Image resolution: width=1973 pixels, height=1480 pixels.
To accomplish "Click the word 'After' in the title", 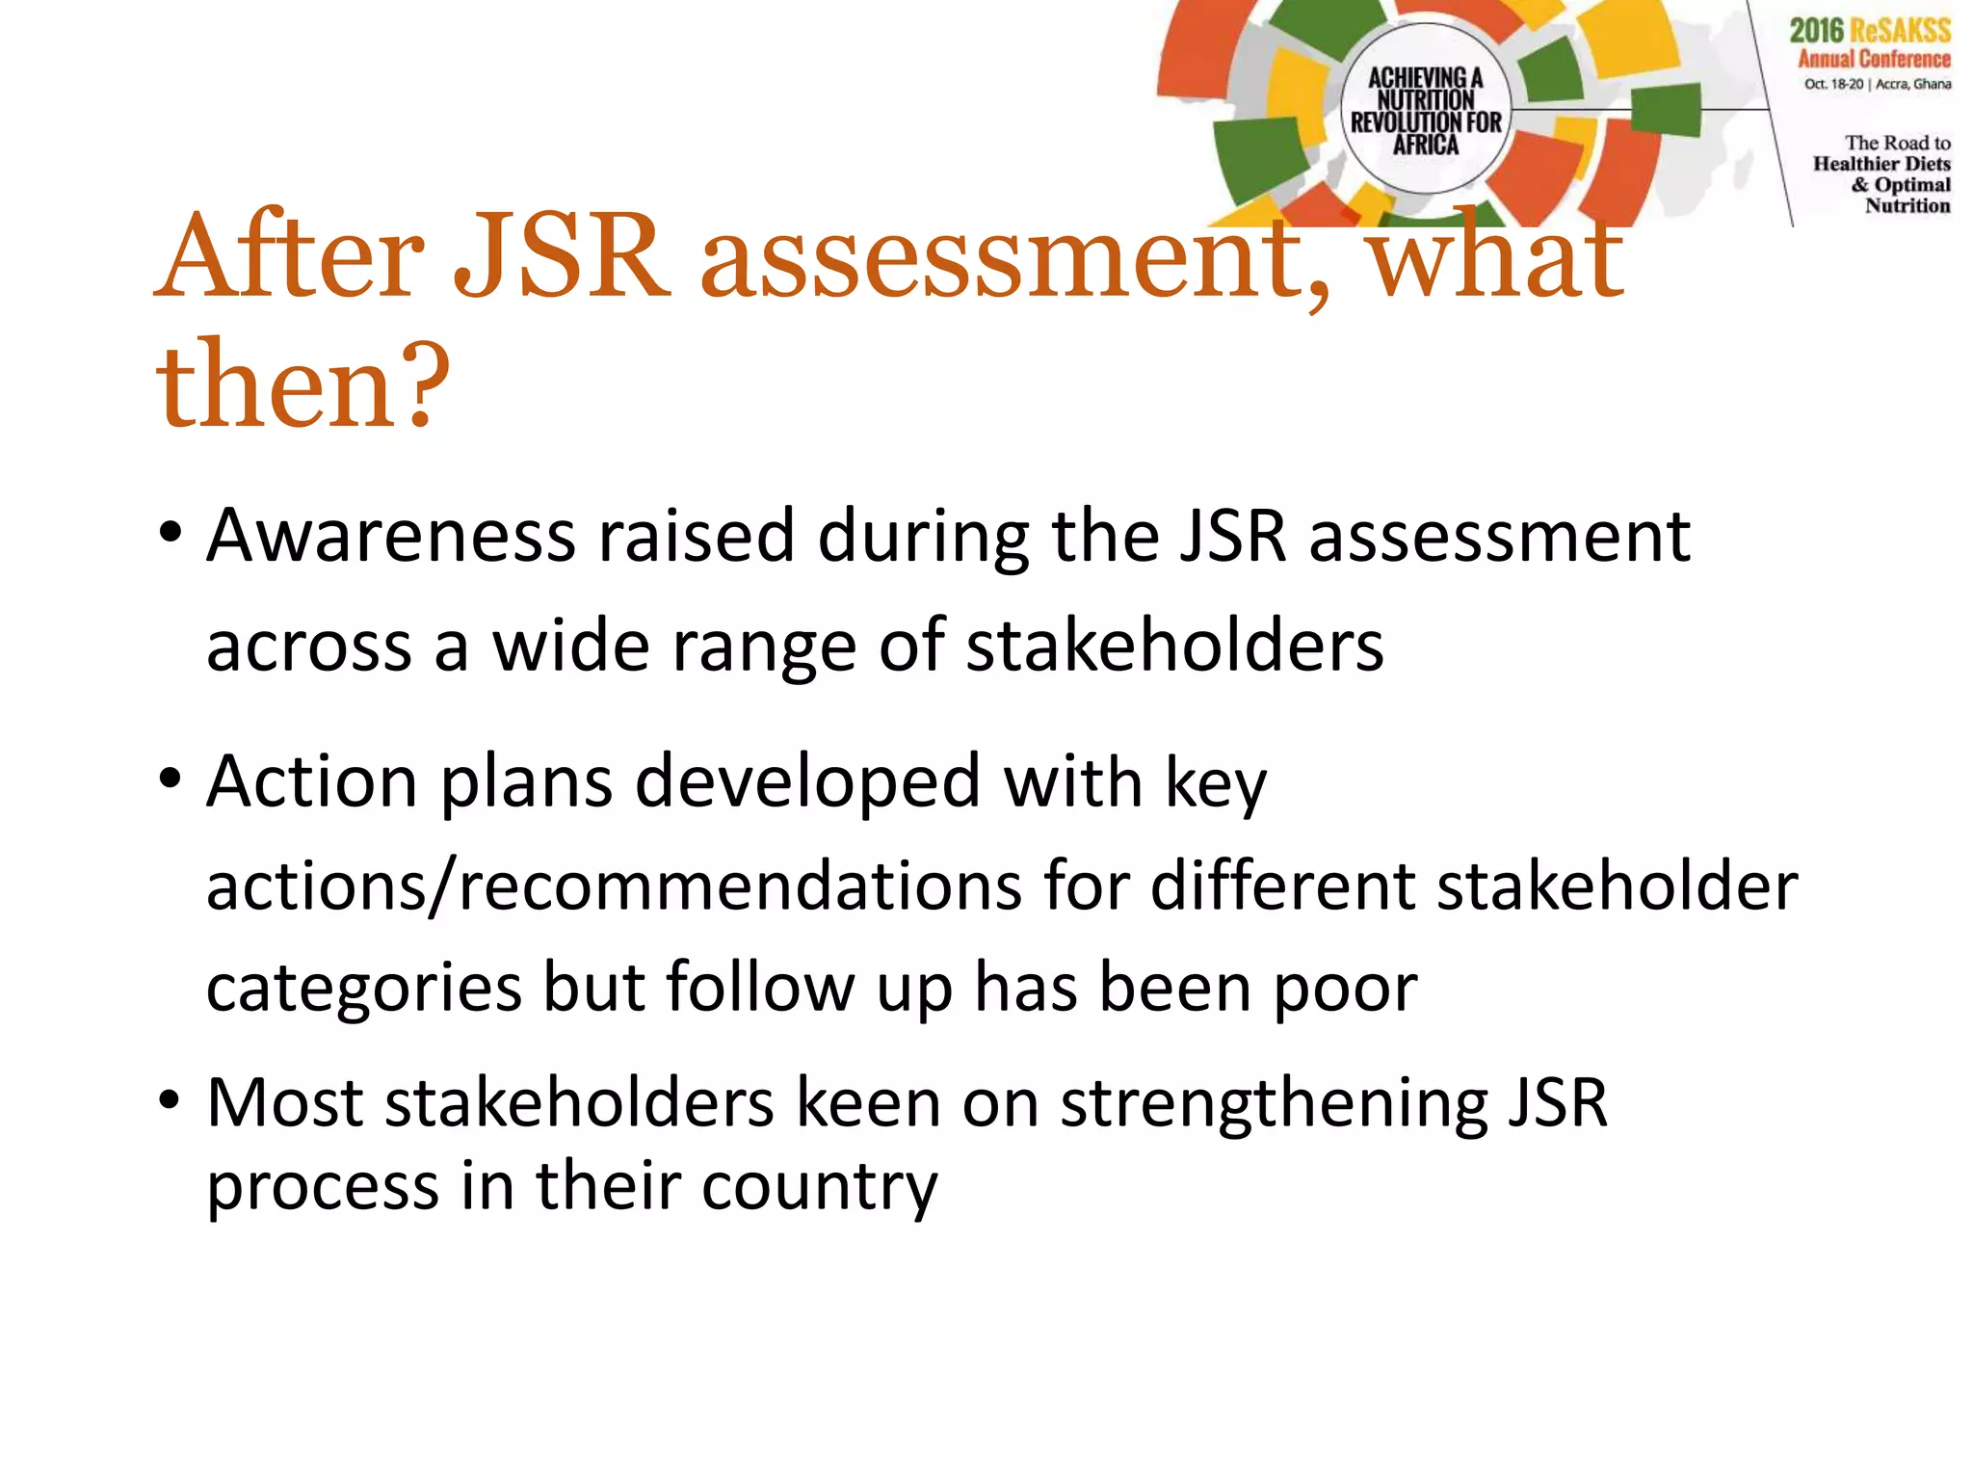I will [x=289, y=256].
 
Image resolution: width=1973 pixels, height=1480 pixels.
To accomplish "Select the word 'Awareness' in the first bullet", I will [x=391, y=536].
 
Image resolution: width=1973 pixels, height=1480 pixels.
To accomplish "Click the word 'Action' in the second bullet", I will [x=312, y=781].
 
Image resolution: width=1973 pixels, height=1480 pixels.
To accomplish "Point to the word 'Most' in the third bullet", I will [x=285, y=1102].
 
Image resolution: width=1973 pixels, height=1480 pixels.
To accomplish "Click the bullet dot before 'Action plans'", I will [x=171, y=779].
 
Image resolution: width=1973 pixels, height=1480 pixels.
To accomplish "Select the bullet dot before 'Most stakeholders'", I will [x=171, y=1100].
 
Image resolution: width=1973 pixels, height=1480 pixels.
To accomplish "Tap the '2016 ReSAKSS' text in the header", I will [x=1870, y=31].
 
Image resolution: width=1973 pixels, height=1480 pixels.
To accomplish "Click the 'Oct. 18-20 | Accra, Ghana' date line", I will [x=1878, y=84].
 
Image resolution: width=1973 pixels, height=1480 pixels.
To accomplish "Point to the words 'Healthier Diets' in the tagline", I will [x=1881, y=164].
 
